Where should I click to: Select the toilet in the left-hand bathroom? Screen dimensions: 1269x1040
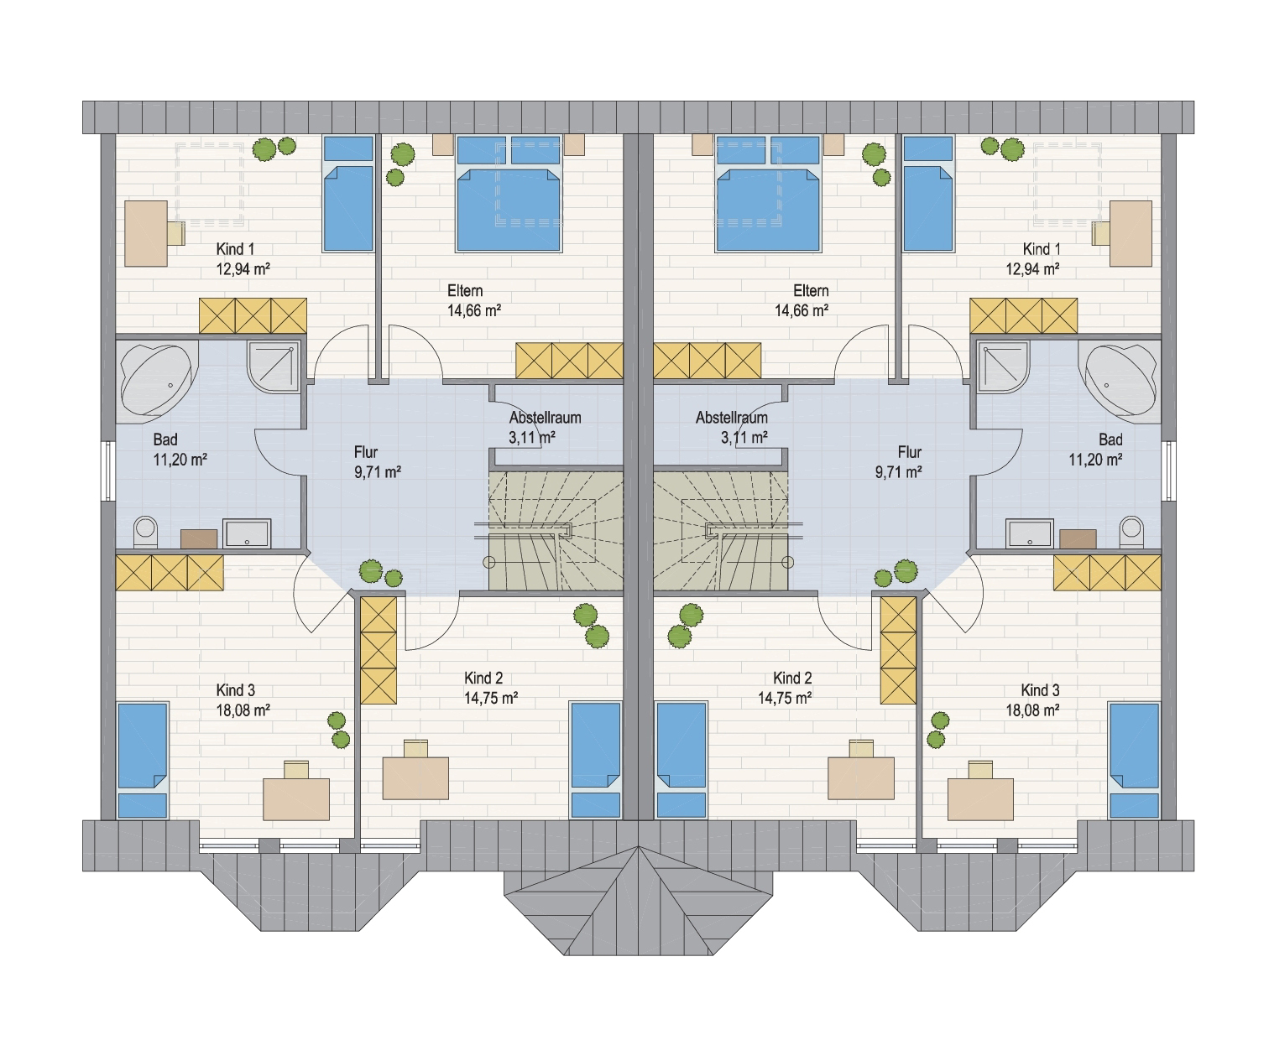click(x=145, y=532)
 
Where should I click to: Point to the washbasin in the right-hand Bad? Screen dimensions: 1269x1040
click(x=1030, y=533)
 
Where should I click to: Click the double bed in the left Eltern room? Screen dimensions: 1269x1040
click(x=509, y=194)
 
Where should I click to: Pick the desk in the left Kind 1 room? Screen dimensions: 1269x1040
click(x=146, y=233)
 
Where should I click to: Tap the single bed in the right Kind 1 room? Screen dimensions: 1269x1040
click(x=928, y=194)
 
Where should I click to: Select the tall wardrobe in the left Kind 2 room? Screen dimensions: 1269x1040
click(x=379, y=650)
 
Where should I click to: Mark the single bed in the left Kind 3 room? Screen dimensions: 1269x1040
click(x=142, y=761)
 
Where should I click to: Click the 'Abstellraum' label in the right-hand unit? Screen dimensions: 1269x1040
click(x=732, y=417)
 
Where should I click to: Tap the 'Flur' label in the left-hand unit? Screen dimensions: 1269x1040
click(x=366, y=452)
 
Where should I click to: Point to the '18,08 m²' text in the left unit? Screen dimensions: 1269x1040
click(x=243, y=710)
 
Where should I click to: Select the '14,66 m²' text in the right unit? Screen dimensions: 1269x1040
click(x=802, y=311)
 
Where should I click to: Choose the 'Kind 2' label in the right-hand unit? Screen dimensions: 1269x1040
click(x=792, y=679)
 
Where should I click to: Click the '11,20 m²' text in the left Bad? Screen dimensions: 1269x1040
click(x=180, y=460)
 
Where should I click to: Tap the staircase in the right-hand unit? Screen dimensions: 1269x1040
click(x=720, y=531)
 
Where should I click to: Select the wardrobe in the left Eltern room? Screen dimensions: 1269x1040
click(x=569, y=361)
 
